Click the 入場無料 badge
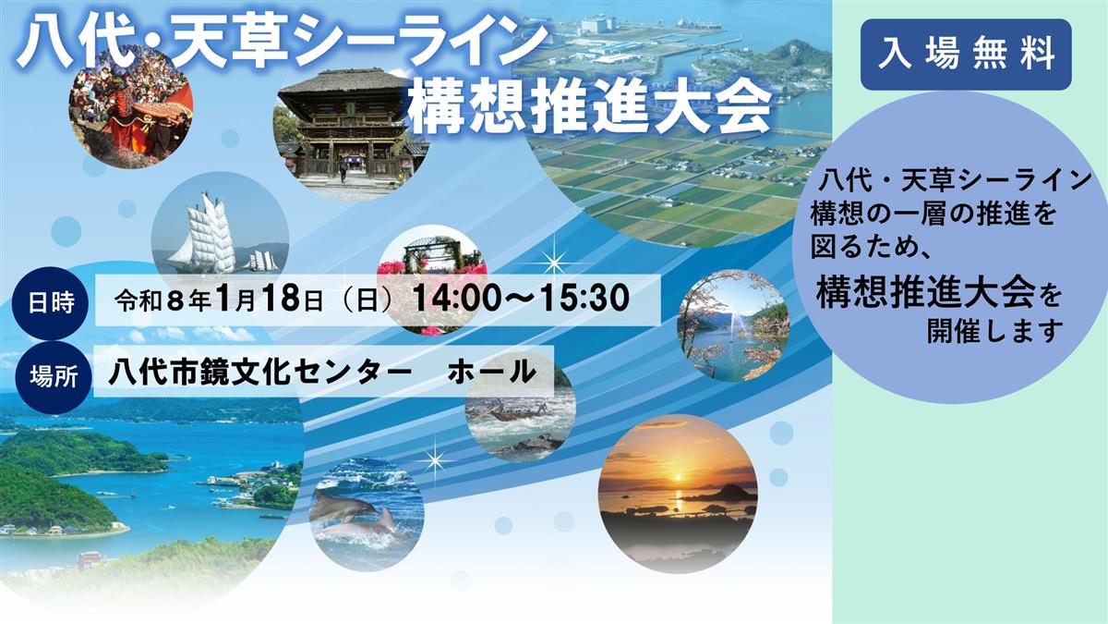coord(966,55)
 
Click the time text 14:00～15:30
coord(522,298)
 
